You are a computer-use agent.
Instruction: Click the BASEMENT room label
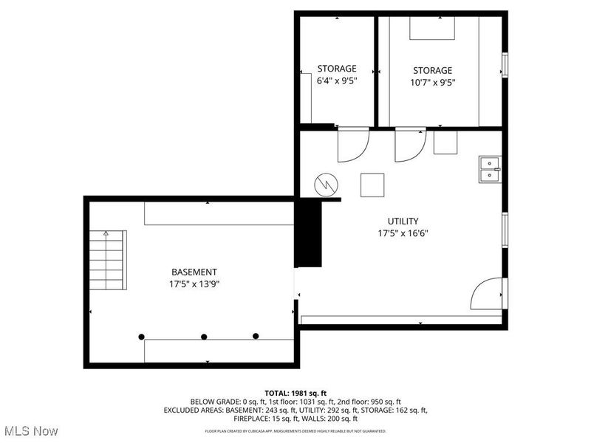tap(194, 272)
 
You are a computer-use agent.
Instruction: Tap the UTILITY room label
tap(403, 221)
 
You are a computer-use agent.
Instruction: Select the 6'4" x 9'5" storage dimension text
tap(337, 81)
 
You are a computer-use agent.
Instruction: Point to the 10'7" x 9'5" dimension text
tap(432, 82)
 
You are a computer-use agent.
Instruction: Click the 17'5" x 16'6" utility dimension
tap(403, 233)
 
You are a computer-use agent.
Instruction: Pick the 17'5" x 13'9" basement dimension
tap(194, 284)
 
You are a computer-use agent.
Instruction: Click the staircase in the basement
tap(108, 260)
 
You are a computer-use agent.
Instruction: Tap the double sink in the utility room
tap(489, 169)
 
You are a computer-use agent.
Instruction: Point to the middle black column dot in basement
tap(205, 337)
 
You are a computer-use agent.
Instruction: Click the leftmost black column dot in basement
tap(141, 337)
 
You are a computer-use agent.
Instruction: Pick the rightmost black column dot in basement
tap(256, 336)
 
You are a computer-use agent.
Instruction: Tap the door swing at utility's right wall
tap(488, 294)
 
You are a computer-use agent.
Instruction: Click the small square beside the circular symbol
tap(372, 185)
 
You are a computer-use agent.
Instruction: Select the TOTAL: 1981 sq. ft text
tap(295, 392)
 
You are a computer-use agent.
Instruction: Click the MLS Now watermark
tap(31, 430)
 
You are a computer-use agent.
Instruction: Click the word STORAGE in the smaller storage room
tap(337, 69)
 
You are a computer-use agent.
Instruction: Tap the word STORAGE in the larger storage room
tap(432, 70)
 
